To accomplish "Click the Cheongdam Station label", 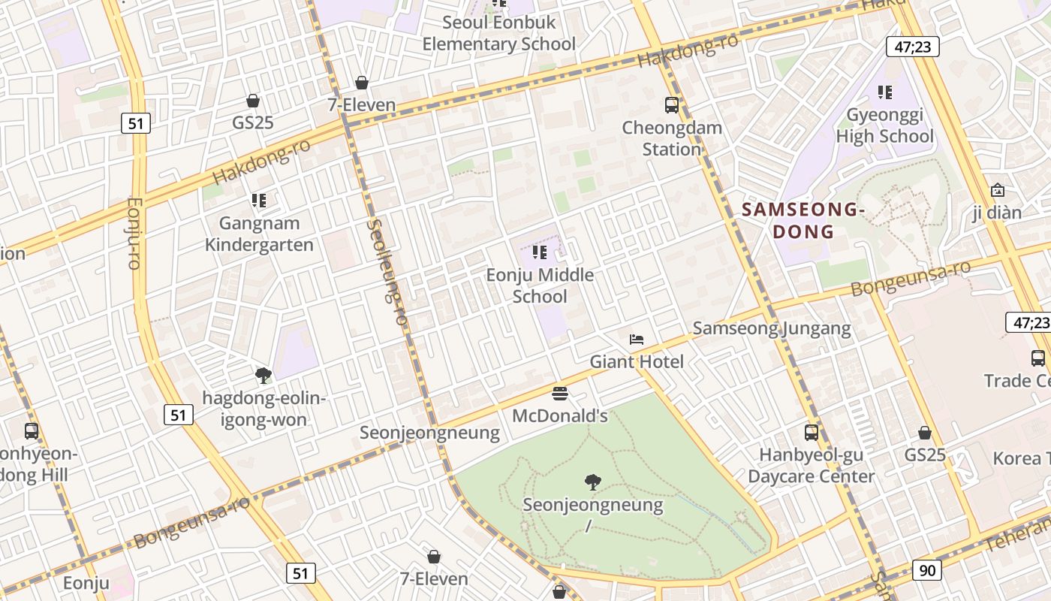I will tap(672, 138).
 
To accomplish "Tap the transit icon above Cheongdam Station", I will tap(672, 105).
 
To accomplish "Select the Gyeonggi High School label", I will tap(885, 125).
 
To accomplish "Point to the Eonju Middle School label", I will tap(540, 285).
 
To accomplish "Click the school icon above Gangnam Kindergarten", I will tap(259, 201).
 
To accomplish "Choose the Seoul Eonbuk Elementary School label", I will tap(498, 33).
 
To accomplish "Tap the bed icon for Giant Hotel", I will tap(637, 340).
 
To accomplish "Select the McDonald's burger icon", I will tap(559, 393).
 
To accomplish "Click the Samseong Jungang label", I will tap(772, 328).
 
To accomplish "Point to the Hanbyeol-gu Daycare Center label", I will tap(811, 466).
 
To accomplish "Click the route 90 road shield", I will tap(927, 570).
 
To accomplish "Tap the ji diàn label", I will tap(997, 213).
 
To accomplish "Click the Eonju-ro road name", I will tap(134, 233).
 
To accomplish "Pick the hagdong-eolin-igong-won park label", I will tap(264, 409).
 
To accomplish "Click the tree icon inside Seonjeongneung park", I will tap(593, 482).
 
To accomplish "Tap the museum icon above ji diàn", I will tap(997, 190).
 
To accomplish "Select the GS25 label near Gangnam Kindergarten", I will tap(253, 122).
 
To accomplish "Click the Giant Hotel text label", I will tap(637, 362).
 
